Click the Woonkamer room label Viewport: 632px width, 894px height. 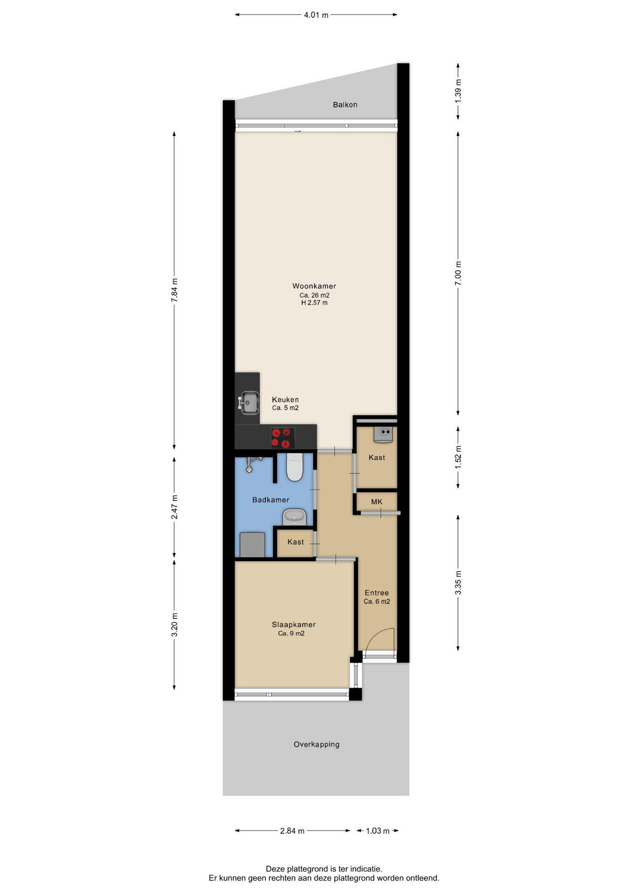click(314, 286)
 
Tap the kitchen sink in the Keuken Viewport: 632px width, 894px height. click(249, 402)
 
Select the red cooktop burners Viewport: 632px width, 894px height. click(282, 438)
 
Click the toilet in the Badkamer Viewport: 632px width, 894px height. click(295, 467)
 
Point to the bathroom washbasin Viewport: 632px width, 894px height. click(295, 516)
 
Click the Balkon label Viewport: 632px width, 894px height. click(345, 105)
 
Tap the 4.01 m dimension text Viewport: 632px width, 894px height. click(316, 15)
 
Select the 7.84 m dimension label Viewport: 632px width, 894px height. click(175, 291)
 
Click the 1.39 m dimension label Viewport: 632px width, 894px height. click(458, 95)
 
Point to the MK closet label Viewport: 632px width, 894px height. click(377, 501)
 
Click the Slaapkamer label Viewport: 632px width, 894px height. click(294, 624)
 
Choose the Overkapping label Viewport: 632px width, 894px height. click(316, 744)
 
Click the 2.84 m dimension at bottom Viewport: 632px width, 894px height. click(292, 831)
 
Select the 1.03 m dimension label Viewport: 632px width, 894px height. click(377, 831)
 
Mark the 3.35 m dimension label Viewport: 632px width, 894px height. click(458, 582)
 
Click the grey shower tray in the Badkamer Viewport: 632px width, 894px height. click(252, 544)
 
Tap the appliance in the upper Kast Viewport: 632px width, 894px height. click(383, 434)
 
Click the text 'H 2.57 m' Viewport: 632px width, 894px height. click(314, 303)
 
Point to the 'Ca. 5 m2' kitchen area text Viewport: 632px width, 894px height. click(285, 408)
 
